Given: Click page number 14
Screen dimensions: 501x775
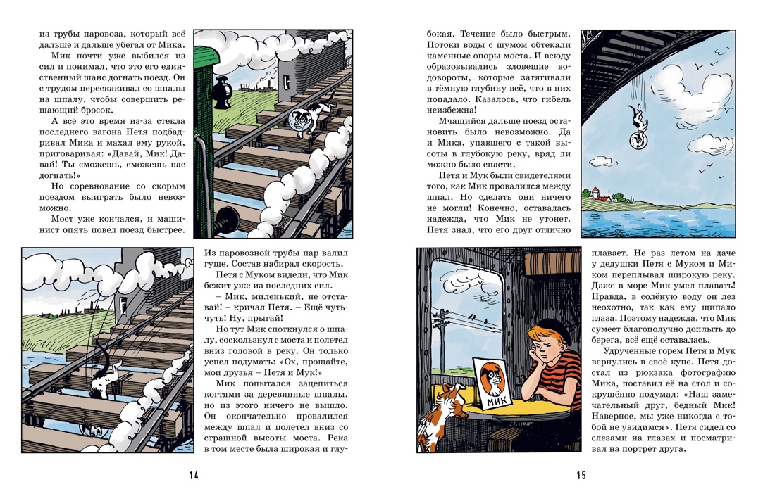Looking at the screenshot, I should pyautogui.click(x=193, y=476).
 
